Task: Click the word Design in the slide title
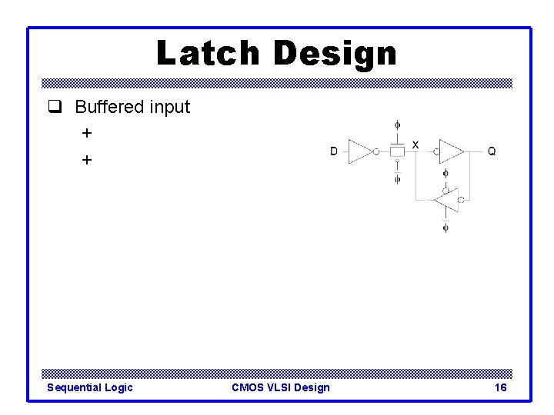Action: coord(335,54)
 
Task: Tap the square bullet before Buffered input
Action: coord(54,108)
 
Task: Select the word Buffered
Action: coord(109,107)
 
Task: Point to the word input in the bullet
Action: coord(169,108)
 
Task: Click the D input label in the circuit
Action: coord(334,151)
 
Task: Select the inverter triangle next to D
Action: coord(360,151)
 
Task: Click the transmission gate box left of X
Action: coord(397,151)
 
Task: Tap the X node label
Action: coord(415,144)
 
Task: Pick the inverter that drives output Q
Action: coord(451,151)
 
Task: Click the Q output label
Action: coord(492,151)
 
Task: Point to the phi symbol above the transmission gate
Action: coord(397,124)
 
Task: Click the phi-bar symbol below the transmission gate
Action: coord(397,179)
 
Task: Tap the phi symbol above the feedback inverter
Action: coord(446,174)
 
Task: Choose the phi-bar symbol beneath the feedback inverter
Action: coord(446,227)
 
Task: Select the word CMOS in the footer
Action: coord(248,387)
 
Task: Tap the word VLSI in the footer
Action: coord(281,387)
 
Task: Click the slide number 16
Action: coord(500,387)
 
